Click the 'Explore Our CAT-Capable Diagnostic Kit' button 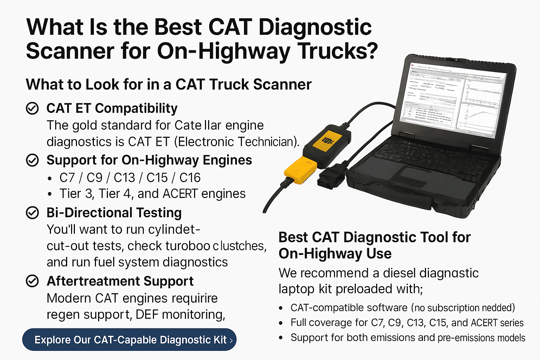click(129, 340)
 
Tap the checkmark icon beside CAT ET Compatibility click(32, 109)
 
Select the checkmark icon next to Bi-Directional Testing click(32, 213)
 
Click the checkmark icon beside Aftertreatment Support click(32, 281)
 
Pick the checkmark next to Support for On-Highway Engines click(32, 160)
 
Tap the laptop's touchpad click(418, 176)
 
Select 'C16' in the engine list click(190, 178)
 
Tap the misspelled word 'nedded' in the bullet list click(498, 308)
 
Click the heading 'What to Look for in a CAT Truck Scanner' click(169, 85)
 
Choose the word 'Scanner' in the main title click(70, 51)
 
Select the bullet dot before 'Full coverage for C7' click(281, 323)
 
